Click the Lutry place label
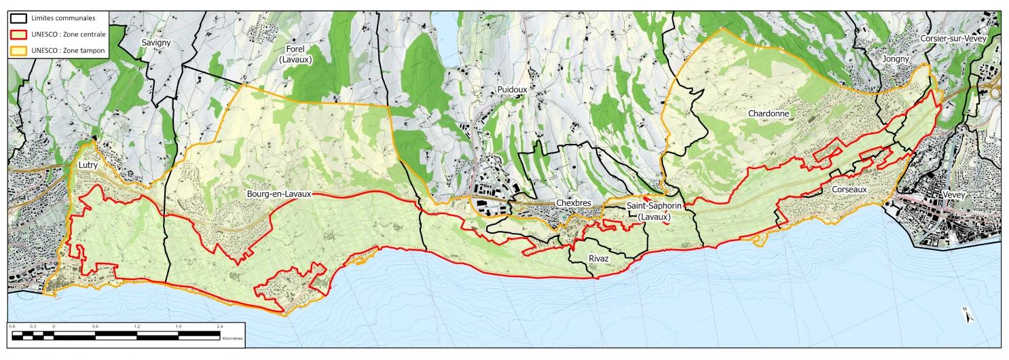tap(86, 165)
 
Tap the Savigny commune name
tap(156, 42)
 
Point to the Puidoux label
tap(511, 89)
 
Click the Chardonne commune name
tap(769, 113)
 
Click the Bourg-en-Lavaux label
tap(278, 194)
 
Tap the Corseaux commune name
tap(849, 190)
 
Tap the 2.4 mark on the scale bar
tap(219, 327)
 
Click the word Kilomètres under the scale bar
tap(232, 338)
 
